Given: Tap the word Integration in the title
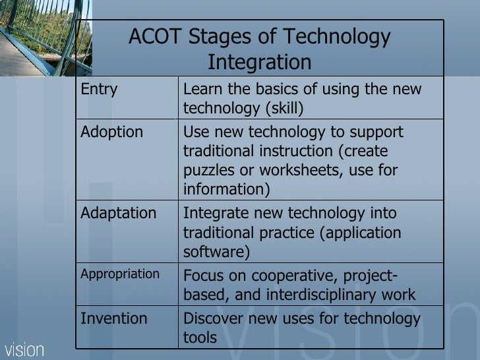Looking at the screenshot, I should (x=259, y=63).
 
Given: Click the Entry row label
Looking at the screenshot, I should (x=99, y=90).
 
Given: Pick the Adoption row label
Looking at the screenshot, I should (x=111, y=132).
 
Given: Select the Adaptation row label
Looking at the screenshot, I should (x=118, y=214).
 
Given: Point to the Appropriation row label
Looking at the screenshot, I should (x=119, y=274).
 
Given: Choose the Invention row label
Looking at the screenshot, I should (x=113, y=319).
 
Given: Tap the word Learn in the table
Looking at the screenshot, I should (x=202, y=90).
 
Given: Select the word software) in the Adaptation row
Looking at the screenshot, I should (x=216, y=252).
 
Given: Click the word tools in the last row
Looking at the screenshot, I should (x=199, y=338).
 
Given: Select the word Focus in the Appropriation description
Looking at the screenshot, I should (x=204, y=276).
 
